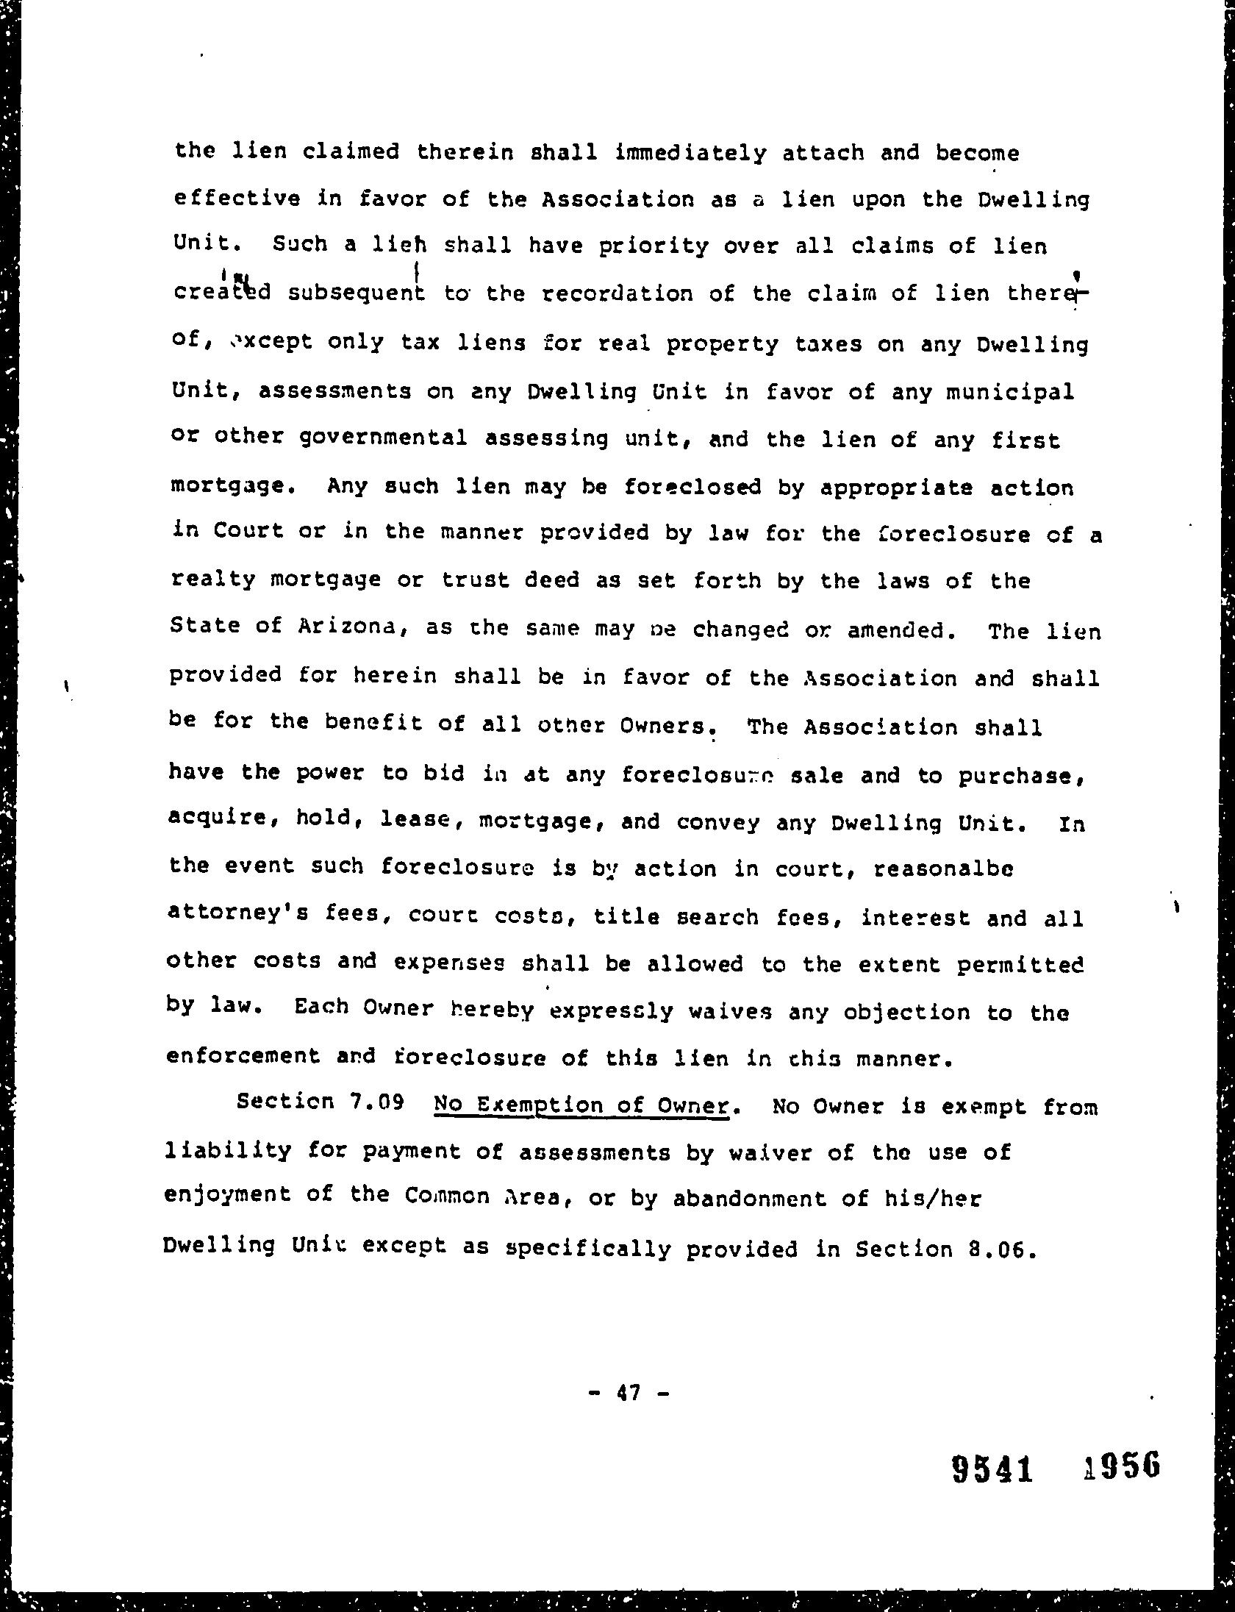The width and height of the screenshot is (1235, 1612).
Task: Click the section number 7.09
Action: pos(374,1104)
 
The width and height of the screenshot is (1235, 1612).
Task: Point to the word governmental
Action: pos(383,438)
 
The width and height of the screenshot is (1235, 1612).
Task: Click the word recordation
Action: pos(616,294)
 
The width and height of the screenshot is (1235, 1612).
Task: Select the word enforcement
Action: pos(243,1056)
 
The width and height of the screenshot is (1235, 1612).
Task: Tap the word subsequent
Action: pos(357,293)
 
